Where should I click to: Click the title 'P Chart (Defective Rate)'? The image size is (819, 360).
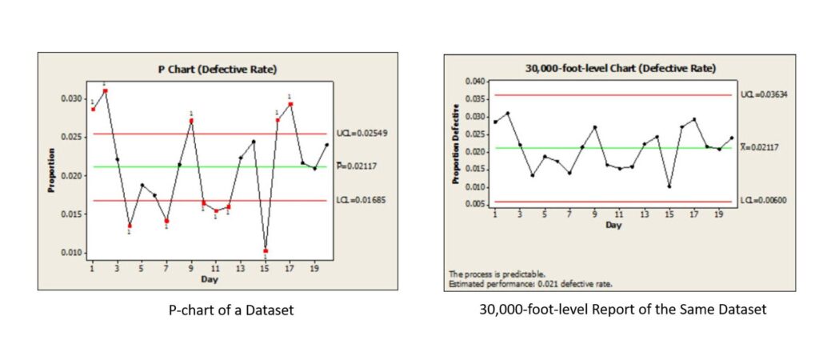pos(217,70)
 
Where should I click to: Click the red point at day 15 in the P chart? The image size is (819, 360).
pos(265,251)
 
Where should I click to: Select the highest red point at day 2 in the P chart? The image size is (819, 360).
pos(105,91)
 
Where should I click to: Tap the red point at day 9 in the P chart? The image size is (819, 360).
pos(191,121)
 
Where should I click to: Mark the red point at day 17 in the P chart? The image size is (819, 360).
pos(290,104)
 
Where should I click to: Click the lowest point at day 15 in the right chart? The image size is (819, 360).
pos(669,186)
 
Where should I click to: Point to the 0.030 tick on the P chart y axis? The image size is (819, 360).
pos(72,98)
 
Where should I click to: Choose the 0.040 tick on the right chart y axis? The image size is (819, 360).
pos(474,82)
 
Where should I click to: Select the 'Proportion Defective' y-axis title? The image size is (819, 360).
pos(456,144)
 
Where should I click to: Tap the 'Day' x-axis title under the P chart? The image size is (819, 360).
pos(210,279)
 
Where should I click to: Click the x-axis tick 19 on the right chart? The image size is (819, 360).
pos(718,216)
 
